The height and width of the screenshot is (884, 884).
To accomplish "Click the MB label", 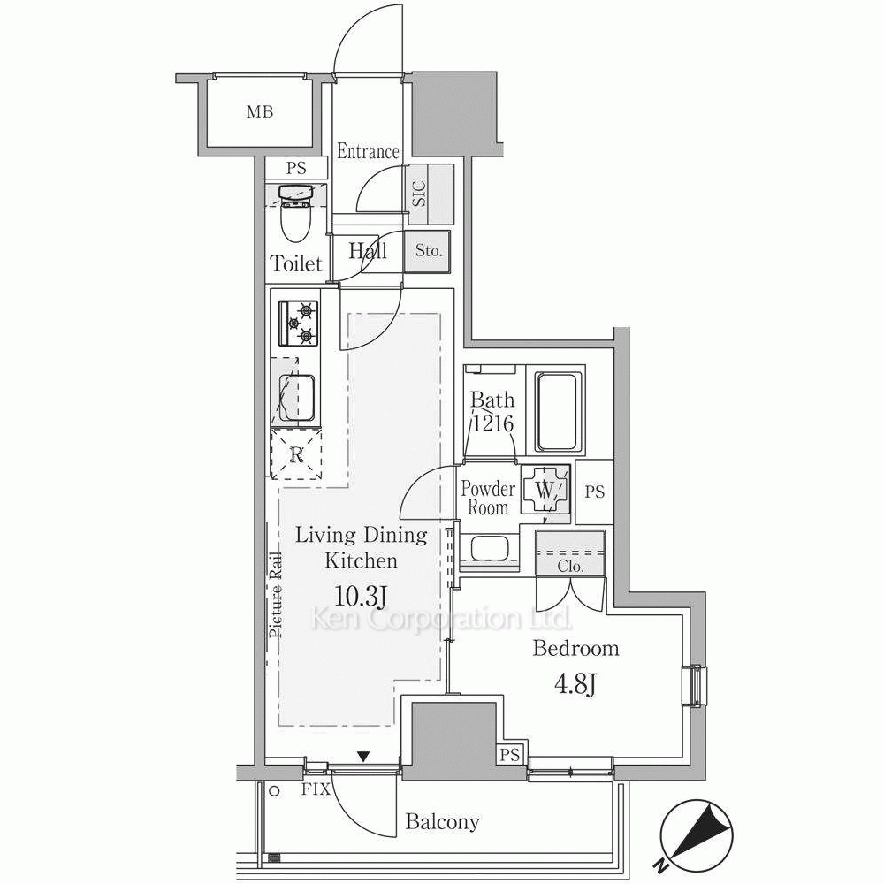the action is coord(260,112).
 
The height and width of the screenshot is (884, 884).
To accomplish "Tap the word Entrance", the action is coord(368,151).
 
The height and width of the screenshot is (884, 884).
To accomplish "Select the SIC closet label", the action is coord(419,194).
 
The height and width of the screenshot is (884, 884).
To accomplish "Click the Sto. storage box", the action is coord(427,252).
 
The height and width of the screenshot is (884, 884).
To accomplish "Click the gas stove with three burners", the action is coord(298,323).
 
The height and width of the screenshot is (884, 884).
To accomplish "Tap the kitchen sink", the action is coord(296,398).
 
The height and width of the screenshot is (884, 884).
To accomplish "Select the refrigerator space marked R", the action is coord(296,453).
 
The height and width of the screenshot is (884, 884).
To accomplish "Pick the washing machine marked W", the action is coord(544,490).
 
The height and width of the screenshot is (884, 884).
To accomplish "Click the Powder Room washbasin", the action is coord(489,548).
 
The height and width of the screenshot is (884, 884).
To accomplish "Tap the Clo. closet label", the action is coord(570,566).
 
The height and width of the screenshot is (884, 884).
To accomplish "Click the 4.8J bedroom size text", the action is coord(575,686).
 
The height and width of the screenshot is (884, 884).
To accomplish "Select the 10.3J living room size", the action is coord(361,596).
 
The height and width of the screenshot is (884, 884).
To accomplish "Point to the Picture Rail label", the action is coord(276,594).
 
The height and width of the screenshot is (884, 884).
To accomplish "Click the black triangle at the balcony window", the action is coord(363,756).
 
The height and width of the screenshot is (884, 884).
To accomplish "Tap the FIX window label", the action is coord(316,789).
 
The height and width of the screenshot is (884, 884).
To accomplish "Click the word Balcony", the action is coord(443,822).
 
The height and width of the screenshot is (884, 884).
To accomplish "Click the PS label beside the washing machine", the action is coord(594,492).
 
